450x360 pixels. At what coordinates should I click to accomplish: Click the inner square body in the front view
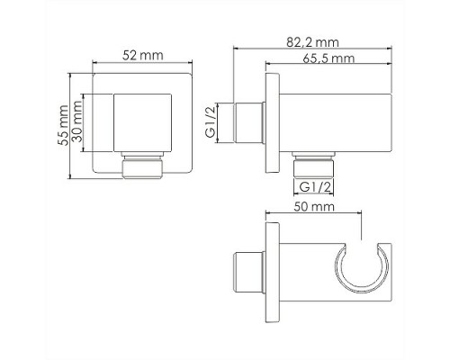tap(146, 123)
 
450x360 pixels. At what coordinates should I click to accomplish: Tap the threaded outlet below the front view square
tap(146, 166)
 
